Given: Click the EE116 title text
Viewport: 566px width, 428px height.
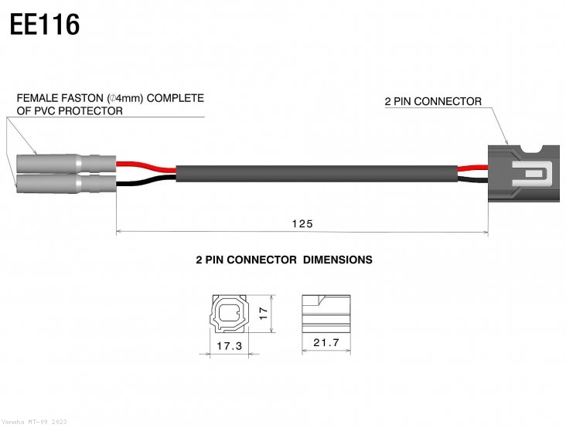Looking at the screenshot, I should (45, 25).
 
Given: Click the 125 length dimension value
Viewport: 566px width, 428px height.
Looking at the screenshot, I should (302, 223).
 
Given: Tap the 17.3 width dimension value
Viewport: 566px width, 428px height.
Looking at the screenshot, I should (229, 347).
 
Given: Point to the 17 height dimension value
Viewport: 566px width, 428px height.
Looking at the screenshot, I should (263, 313).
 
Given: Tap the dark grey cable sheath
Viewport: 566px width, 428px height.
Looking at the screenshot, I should (317, 174).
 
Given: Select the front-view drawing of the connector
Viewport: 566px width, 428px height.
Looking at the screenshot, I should (229, 314).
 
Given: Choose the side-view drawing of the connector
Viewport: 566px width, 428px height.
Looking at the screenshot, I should (324, 312).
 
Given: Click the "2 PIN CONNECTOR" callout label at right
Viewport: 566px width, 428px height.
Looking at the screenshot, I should (433, 101).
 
